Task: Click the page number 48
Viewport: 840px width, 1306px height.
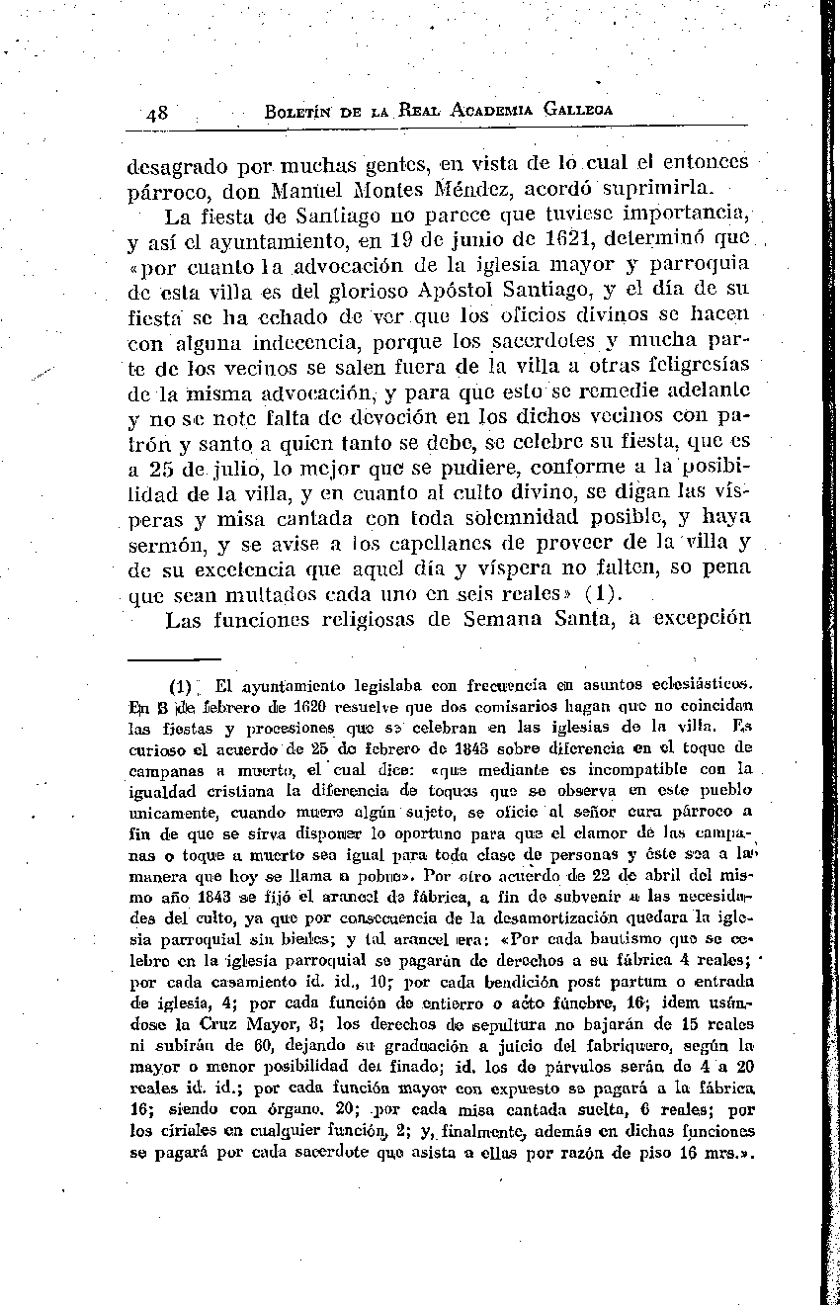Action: coord(156,112)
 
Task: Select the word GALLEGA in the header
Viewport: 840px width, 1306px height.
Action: coord(572,110)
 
